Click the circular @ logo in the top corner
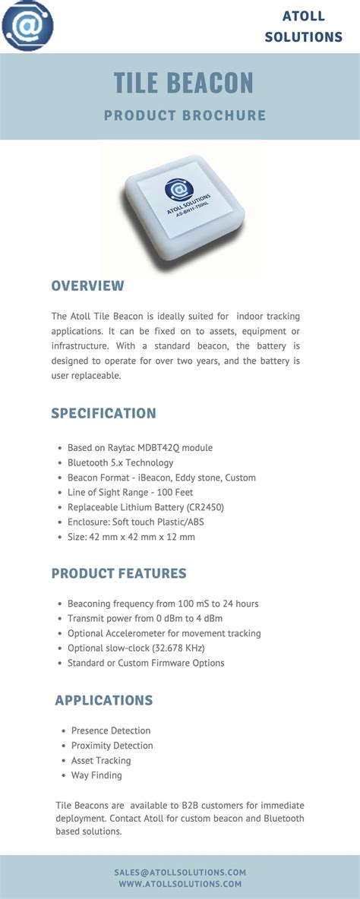[x=28, y=25]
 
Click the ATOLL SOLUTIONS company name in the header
[x=303, y=26]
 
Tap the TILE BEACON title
[x=184, y=83]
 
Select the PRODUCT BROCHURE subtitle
[x=185, y=115]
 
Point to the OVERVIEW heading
[x=87, y=285]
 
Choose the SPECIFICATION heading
[x=103, y=413]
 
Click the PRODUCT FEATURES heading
[x=118, y=573]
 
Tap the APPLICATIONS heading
[x=104, y=700]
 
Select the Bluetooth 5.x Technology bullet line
[x=121, y=462]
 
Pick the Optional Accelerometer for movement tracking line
[x=164, y=633]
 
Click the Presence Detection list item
[x=111, y=730]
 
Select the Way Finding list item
[x=96, y=775]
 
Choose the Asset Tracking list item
[x=101, y=760]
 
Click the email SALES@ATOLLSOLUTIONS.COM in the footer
[x=181, y=872]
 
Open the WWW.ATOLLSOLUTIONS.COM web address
[x=180, y=884]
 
